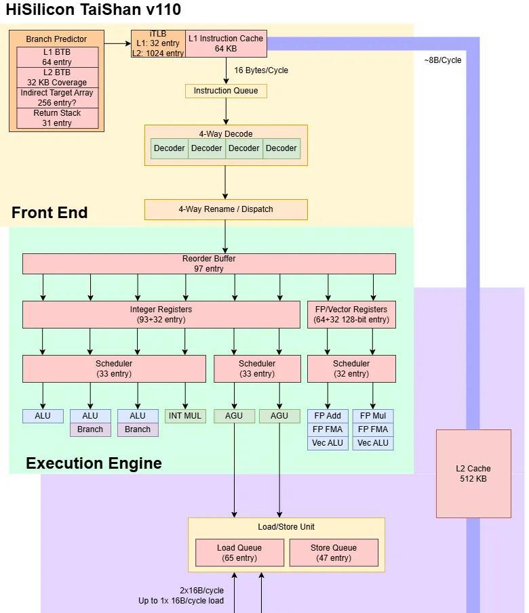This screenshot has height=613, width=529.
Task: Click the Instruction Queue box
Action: pyautogui.click(x=226, y=91)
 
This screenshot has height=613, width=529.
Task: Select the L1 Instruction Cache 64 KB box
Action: pyautogui.click(x=225, y=43)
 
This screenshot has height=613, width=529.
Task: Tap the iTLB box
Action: pyautogui.click(x=158, y=43)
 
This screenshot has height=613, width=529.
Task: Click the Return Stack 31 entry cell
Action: pyautogui.click(x=57, y=118)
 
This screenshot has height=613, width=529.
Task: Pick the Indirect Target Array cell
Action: pyautogui.click(x=57, y=98)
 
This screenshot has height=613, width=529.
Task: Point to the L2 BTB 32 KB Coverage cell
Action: pyautogui.click(x=57, y=77)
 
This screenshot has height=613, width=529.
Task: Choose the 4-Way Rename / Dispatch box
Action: pyautogui.click(x=226, y=209)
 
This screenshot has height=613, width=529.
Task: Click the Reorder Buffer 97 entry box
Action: pyautogui.click(x=209, y=263)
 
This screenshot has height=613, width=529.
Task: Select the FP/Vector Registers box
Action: pyautogui.click(x=351, y=314)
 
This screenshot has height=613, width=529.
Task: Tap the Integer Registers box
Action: pyautogui.click(x=161, y=314)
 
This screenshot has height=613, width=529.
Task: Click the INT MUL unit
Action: pyautogui.click(x=185, y=416)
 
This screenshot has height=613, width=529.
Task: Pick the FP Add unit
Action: pyautogui.click(x=328, y=416)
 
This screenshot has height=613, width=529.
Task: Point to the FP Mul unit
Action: pyautogui.click(x=373, y=416)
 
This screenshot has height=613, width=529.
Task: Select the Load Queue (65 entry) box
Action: pyautogui.click(x=239, y=553)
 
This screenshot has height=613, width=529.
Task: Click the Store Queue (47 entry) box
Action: pyautogui.click(x=334, y=553)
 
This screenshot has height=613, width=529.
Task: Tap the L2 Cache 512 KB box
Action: pyautogui.click(x=473, y=473)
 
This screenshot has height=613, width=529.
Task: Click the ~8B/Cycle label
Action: pyautogui.click(x=443, y=60)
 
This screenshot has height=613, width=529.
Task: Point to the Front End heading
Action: pyautogui.click(x=50, y=213)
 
